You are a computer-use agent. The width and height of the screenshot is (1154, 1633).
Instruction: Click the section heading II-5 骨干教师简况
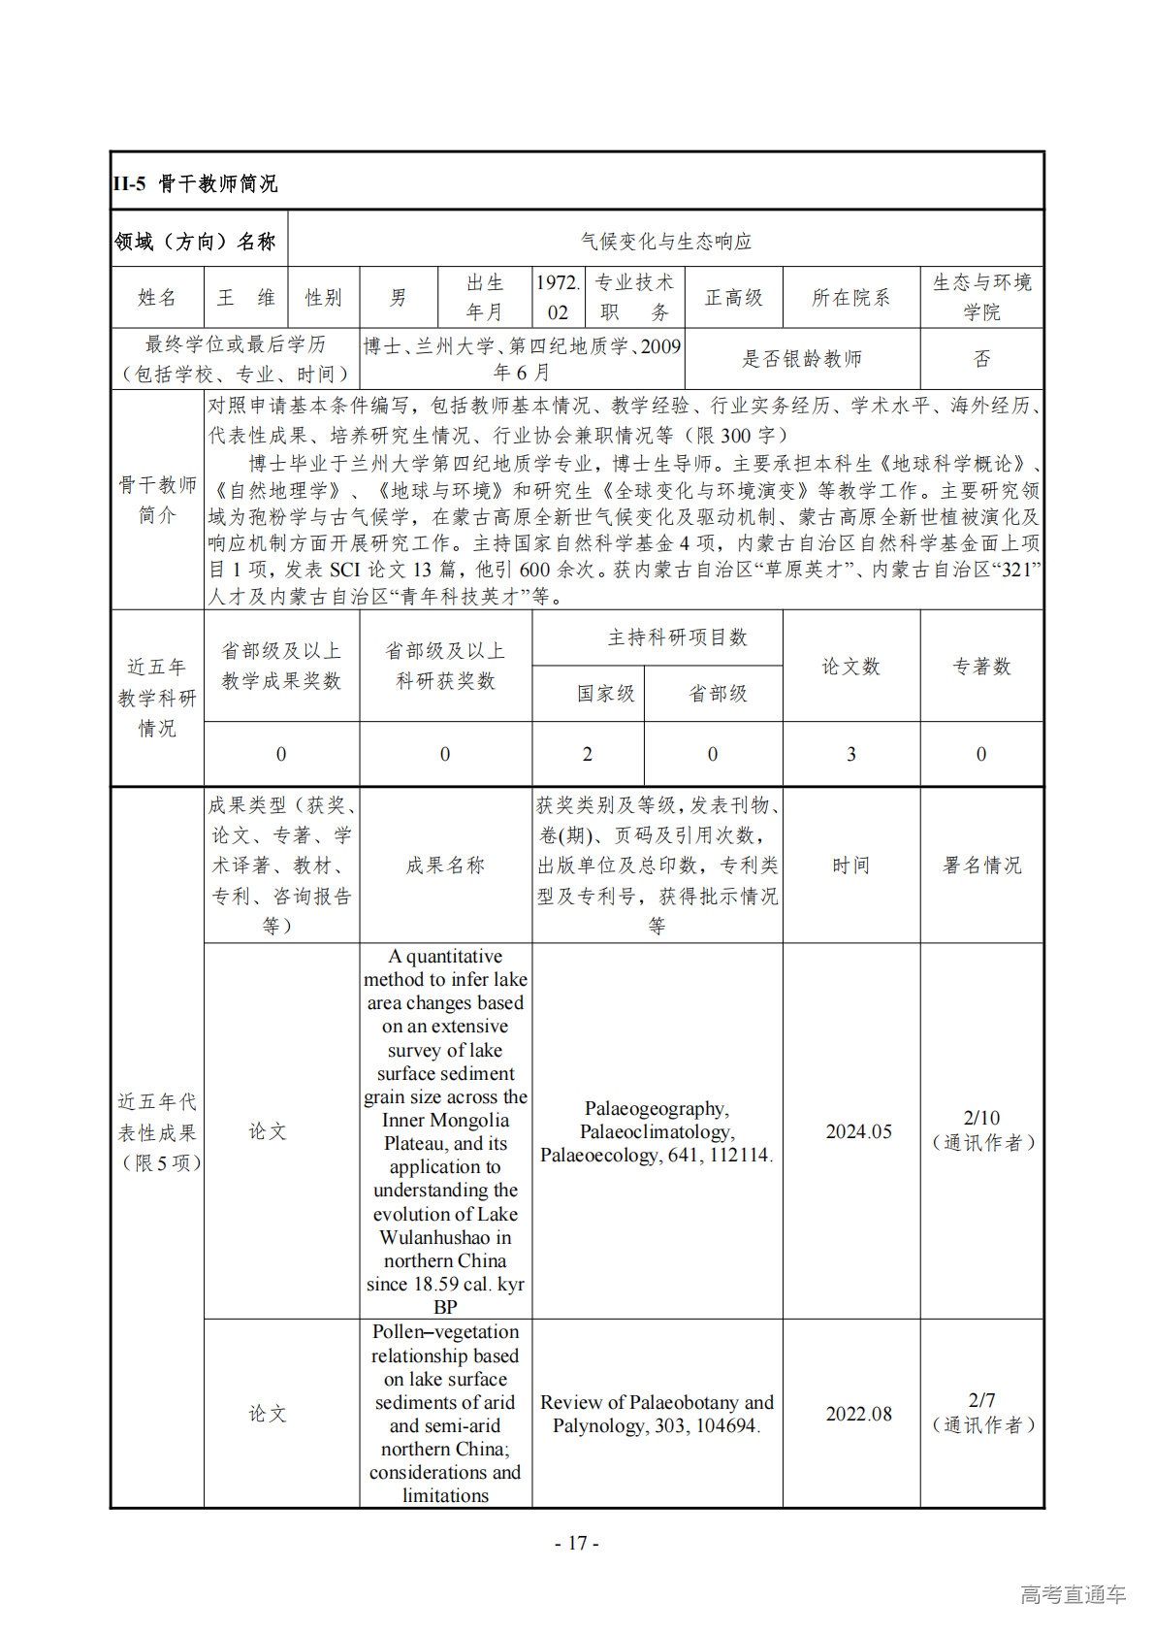pos(195,183)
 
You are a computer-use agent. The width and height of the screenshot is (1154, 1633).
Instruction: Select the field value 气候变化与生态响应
pos(665,241)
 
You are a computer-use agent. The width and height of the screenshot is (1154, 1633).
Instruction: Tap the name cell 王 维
pos(245,298)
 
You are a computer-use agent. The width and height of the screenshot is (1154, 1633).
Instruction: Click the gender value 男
pos(398,298)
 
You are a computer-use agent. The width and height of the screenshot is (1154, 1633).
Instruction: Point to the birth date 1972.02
pos(558,297)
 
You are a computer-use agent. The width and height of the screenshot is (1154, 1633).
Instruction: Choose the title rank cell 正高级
pos(733,298)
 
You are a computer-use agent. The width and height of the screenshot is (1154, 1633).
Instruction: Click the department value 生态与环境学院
pos(981,297)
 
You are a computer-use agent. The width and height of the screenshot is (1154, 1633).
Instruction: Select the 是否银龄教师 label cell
pos(801,359)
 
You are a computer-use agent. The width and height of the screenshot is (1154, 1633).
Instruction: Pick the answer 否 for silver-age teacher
pos(981,359)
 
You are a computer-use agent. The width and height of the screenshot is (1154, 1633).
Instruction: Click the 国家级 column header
pos(605,694)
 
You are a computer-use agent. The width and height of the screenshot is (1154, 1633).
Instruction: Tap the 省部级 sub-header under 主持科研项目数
pos(718,694)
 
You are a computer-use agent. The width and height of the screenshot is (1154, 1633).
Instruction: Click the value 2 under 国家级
pos(587,754)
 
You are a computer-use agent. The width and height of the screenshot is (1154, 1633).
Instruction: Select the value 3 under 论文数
pos(850,754)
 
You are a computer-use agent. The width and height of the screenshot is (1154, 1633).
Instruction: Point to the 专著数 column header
pos(981,667)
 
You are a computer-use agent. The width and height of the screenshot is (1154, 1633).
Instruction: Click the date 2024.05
pos(858,1131)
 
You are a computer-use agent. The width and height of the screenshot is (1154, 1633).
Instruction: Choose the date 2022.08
pos(858,1414)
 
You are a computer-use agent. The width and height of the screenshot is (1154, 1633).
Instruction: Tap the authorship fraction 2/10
pos(981,1118)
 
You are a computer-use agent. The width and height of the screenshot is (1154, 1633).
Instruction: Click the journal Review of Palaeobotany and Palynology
pos(657,1414)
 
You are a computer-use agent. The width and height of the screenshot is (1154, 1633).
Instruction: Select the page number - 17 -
pos(577,1543)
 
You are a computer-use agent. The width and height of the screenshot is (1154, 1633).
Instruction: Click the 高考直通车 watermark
pos(1073,1594)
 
